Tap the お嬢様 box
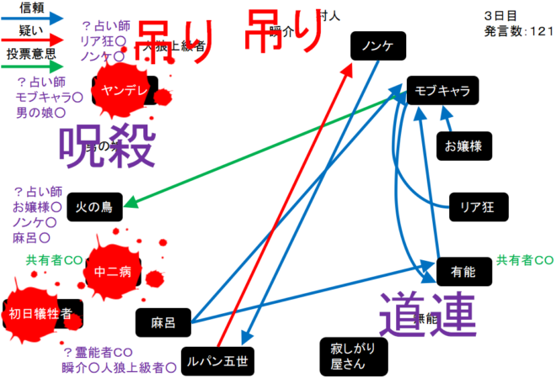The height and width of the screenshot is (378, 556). coord(463,146)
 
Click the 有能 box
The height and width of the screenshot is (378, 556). coord(462,272)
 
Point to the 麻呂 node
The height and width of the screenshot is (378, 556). coord(162,322)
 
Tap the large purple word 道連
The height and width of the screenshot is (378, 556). coord(428,314)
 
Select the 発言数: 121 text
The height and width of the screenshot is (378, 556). coord(518,31)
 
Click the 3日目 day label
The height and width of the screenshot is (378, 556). coord(500,16)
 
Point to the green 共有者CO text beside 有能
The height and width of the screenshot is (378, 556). coord(524,260)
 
